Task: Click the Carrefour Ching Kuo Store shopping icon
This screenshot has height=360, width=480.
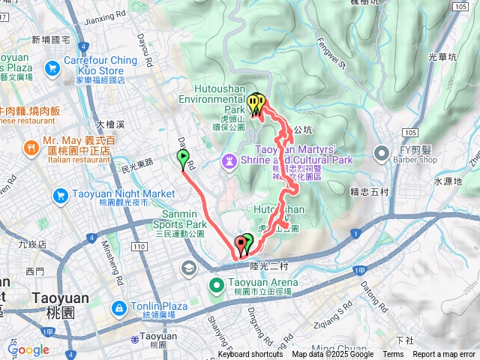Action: (x=52, y=69)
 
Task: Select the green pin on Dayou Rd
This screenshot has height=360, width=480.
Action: (x=183, y=157)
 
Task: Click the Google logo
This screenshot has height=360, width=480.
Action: (x=28, y=349)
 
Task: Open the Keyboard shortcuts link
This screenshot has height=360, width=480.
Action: (x=250, y=355)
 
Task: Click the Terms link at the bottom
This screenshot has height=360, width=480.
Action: (x=393, y=355)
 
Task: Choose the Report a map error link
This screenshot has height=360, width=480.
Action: (x=444, y=355)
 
